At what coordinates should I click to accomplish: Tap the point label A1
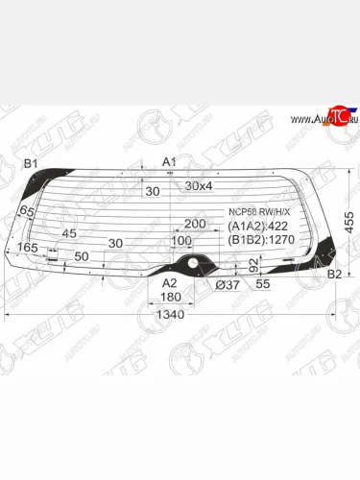point(169,161)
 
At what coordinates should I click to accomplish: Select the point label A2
point(169,282)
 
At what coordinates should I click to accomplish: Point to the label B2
point(334,275)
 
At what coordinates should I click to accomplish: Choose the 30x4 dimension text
point(201,185)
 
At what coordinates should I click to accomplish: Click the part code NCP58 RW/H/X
point(258,212)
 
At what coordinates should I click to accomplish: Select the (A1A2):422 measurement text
point(257,227)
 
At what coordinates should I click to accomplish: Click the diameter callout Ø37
point(228,284)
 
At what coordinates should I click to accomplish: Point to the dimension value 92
point(253,266)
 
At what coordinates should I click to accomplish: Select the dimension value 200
point(195,224)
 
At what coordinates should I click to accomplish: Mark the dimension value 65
point(27,211)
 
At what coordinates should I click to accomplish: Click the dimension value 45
point(68,233)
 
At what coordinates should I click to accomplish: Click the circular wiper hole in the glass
point(191,261)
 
